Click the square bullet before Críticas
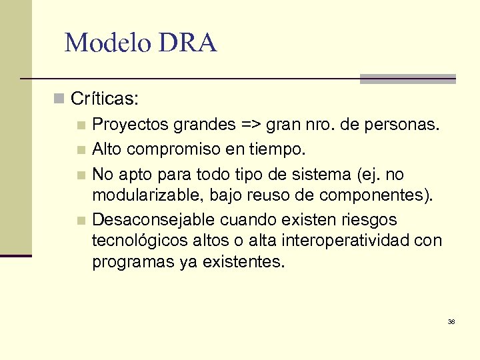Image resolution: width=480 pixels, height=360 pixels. coord(60,99)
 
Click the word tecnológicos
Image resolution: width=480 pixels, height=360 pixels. coord(139,241)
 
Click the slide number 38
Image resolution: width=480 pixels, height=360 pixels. coord(451,321)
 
